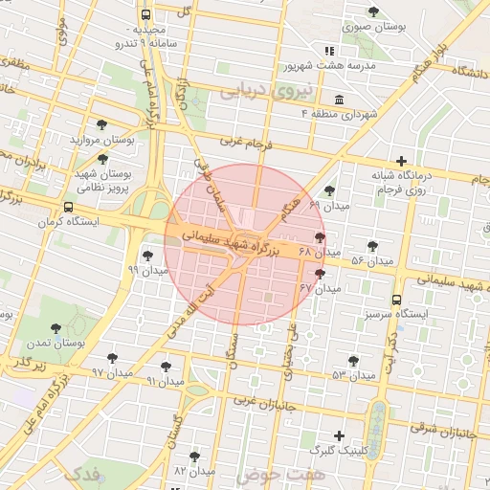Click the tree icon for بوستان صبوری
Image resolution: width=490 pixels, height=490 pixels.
coord(373,12)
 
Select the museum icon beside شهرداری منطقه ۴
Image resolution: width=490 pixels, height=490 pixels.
coord(340,100)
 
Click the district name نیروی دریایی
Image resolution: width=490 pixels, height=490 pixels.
coord(253,91)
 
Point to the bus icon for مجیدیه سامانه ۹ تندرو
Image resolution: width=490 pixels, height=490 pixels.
coord(145,15)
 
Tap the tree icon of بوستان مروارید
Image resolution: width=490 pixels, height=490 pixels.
coord(102,124)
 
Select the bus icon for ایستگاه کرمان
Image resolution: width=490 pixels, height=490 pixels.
coord(68,207)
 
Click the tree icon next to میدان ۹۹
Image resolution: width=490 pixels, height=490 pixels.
coord(147,255)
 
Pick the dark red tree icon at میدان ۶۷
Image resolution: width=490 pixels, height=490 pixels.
coord(320,273)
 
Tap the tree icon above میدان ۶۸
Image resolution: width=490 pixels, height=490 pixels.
coord(320,237)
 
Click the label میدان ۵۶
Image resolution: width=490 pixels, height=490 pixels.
coord(372,261)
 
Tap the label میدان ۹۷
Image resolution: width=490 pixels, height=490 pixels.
coord(110,371)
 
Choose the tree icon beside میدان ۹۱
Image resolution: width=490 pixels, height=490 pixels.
coord(167,366)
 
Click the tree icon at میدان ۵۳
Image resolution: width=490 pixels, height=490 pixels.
coord(354,361)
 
